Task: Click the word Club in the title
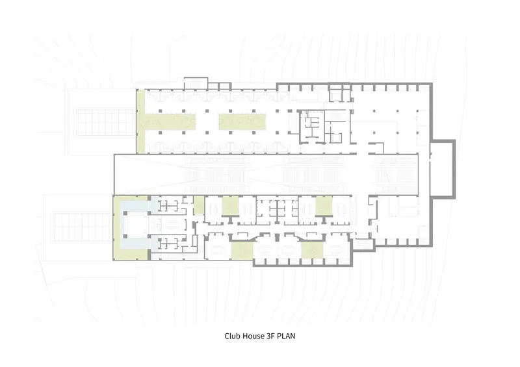[x=232, y=336]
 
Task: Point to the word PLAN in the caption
[x=286, y=336]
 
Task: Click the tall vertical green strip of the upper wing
[x=140, y=121]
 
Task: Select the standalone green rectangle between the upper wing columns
[x=242, y=121]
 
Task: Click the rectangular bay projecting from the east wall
[x=443, y=170]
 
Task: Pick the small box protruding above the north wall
[x=196, y=83]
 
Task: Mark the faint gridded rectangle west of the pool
[x=83, y=227]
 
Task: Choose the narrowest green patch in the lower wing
[x=199, y=205]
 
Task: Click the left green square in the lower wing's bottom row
[x=242, y=251]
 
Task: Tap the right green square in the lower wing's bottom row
[x=312, y=251]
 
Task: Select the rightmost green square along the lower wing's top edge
[x=324, y=205]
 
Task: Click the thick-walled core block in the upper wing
[x=312, y=127]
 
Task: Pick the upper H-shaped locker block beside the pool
[x=168, y=207]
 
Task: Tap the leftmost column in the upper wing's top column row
[x=160, y=111]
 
